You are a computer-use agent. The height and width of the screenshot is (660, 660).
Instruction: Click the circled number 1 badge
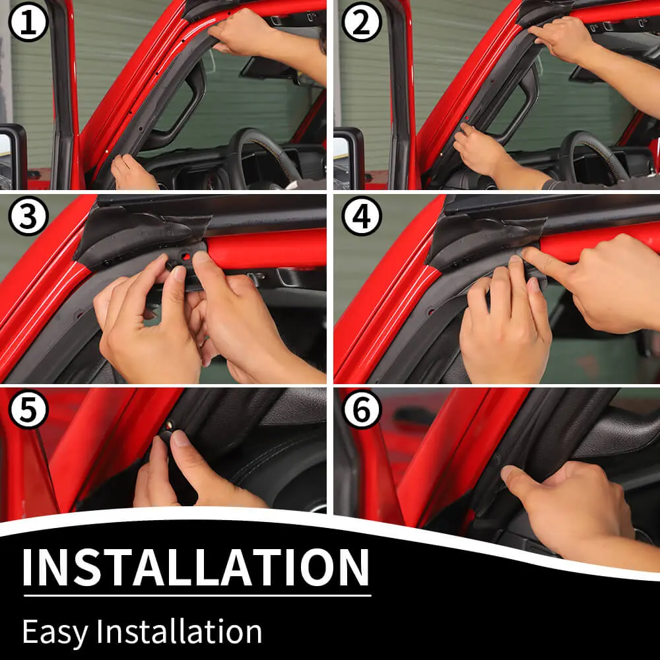[x=28, y=22]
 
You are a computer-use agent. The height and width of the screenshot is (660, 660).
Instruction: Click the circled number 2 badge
[x=362, y=22]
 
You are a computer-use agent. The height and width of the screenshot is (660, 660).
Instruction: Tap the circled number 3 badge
[x=28, y=216]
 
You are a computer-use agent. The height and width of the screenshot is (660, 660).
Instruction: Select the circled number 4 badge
[x=362, y=216]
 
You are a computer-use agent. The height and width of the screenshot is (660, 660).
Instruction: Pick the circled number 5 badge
[x=28, y=409]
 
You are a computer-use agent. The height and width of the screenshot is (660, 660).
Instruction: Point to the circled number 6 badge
[x=362, y=409]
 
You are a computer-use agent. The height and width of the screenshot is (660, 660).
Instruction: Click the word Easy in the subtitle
[x=55, y=632]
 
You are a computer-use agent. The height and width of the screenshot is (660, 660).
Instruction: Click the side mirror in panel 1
[x=13, y=156]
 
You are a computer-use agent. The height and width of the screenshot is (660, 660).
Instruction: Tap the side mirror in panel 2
[x=348, y=158]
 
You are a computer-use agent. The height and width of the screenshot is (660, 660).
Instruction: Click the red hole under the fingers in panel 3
[x=186, y=256]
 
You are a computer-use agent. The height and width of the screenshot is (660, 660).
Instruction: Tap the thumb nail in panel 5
[x=181, y=438]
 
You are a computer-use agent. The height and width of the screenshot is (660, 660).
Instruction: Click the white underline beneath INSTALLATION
[x=197, y=595]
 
